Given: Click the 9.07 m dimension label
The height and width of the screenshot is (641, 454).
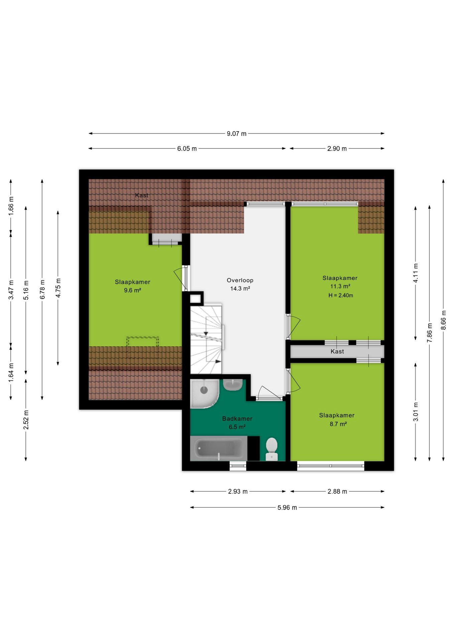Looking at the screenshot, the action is pos(236,134).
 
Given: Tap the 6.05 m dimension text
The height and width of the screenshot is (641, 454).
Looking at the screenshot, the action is pos(187,149).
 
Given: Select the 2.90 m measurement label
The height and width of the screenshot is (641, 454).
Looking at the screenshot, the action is pos(337,149).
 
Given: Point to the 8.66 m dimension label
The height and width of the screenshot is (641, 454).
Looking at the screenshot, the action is pos(444,320).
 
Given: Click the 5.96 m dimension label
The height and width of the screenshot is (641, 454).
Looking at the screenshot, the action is pos(287,507).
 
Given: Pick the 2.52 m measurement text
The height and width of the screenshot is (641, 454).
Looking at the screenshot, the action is pos(26,420).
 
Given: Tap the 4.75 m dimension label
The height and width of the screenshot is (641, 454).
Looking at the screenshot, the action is pos(58,288).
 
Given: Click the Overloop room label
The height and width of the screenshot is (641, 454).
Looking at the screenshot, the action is pos(240,280).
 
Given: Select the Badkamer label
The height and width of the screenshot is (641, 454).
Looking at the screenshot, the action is pos(237,419).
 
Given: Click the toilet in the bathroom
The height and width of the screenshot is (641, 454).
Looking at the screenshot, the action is pos(271,449).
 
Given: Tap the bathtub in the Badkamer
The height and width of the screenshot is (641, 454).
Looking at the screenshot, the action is pos(219,448).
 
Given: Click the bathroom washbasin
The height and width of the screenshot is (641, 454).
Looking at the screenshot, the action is pos(233,385).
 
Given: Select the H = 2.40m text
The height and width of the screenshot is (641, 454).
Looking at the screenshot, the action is pos(341,295).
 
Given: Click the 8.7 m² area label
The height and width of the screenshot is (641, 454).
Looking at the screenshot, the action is pos(338,424).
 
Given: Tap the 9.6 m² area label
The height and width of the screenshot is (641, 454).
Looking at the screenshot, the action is pos(133,290).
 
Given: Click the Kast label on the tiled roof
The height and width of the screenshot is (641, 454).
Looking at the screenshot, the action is pos(142,195).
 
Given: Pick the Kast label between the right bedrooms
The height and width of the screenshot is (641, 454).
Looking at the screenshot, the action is pos(337,352).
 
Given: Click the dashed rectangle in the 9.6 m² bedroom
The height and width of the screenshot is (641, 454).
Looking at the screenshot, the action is pos(143,342).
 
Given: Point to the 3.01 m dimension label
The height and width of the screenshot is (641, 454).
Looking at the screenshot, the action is pos(416,412).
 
